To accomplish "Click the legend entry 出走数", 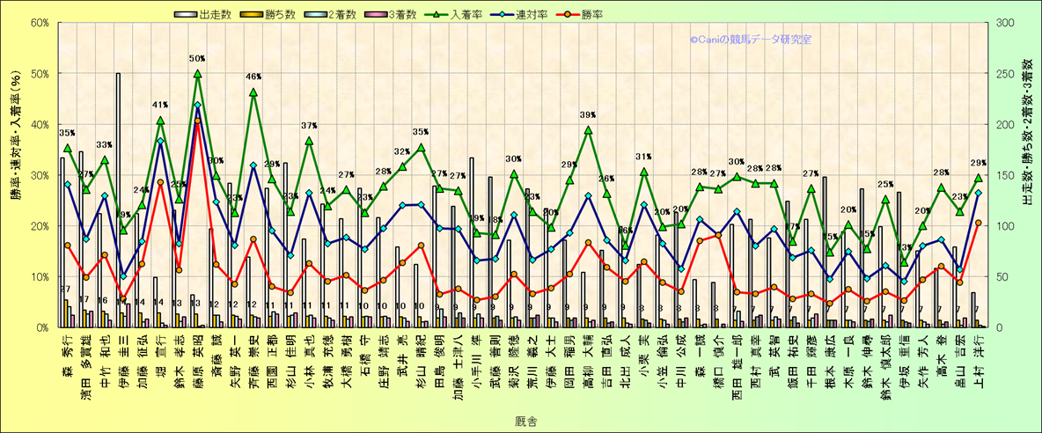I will coord(212,14).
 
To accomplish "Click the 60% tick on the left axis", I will coord(40,23).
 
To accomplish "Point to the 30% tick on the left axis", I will coord(40,175).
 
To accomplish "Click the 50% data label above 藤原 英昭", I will coord(197,59).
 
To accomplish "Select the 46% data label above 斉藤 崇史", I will coord(253,77).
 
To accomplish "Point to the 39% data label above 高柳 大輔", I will coord(588,115).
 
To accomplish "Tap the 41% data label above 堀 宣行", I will coord(160,106).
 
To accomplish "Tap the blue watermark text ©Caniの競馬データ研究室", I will coord(751,40).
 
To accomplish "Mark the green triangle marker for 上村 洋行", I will coord(978,178).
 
